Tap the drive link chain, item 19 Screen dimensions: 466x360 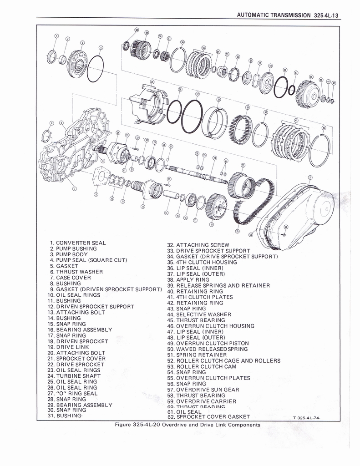[255, 203]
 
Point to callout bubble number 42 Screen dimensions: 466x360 [324, 128]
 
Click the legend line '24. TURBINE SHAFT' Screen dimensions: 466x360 [73, 376]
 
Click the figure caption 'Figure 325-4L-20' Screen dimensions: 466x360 [188, 425]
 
